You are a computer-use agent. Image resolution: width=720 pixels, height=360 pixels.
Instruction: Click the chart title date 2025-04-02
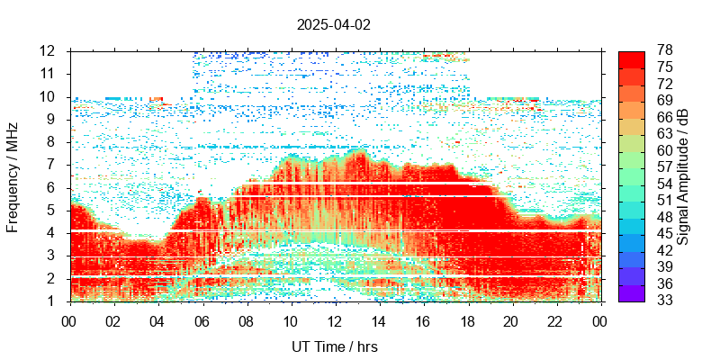tap(333, 25)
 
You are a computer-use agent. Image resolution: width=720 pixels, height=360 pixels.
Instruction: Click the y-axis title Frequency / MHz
tap(13, 175)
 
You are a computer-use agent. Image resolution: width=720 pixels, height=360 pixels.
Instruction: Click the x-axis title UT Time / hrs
tap(334, 346)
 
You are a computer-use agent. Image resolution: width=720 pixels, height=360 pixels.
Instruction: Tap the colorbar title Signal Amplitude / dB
tap(683, 175)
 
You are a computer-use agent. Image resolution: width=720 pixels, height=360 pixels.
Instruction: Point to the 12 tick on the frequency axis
tap(49, 50)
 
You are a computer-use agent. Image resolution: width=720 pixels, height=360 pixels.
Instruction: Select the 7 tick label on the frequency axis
tap(53, 165)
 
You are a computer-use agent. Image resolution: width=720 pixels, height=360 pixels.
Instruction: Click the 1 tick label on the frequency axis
tap(53, 301)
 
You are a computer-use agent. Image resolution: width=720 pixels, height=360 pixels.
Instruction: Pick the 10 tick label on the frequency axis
tap(49, 96)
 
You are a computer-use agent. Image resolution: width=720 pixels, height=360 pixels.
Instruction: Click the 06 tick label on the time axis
tap(202, 319)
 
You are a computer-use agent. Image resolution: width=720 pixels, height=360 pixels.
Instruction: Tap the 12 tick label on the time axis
tap(334, 319)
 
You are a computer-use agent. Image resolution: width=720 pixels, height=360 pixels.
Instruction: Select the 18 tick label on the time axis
tap(467, 319)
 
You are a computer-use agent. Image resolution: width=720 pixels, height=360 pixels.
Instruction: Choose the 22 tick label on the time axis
tap(555, 319)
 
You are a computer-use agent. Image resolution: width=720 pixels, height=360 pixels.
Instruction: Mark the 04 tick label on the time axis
tap(157, 319)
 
